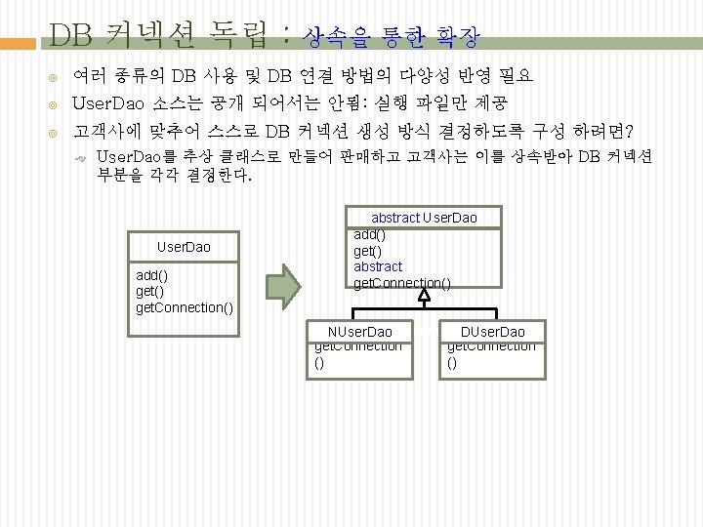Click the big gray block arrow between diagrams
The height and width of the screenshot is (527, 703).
[286, 282]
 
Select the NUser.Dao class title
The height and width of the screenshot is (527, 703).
[360, 332]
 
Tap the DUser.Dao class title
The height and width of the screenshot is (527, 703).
[492, 332]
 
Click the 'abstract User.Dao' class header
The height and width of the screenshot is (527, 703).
[424, 217]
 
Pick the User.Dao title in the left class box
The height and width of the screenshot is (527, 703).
[184, 247]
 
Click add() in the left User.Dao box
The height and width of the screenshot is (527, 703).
[151, 275]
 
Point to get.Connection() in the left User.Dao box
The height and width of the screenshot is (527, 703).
[184, 307]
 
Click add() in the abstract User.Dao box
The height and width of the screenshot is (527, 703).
[369, 234]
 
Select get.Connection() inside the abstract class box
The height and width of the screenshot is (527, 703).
[401, 283]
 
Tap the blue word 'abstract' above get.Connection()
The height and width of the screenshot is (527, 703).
[378, 266]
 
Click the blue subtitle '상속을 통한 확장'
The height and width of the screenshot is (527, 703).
[392, 38]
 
